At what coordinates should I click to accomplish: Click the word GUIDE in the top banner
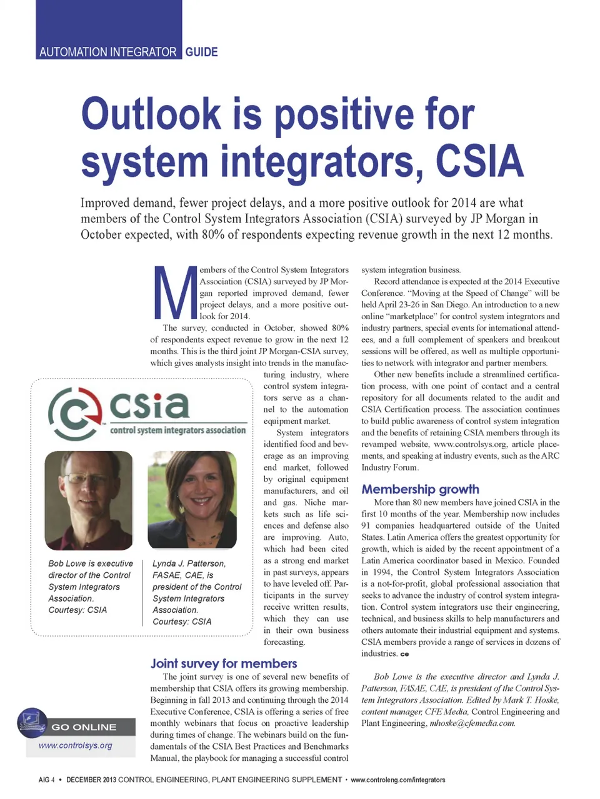[x=201, y=52]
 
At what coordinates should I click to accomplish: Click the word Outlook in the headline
[x=151, y=114]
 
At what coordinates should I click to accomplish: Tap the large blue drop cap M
[x=175, y=293]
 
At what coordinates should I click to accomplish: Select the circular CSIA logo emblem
[x=75, y=414]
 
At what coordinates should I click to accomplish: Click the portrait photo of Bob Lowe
[x=89, y=500]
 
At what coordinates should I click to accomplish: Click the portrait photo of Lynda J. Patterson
[x=192, y=500]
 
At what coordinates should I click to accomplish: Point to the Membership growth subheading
[x=420, y=489]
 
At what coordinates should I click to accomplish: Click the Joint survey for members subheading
[x=223, y=663]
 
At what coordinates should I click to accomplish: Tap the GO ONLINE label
[x=84, y=727]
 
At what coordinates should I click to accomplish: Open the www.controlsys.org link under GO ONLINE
[x=75, y=745]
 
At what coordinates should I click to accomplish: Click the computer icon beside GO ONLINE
[x=32, y=723]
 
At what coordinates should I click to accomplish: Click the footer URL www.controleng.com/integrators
[x=398, y=780]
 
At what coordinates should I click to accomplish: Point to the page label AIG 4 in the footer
[x=47, y=780]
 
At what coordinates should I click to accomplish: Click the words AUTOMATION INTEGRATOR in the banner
[x=107, y=52]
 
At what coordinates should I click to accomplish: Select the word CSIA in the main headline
[x=479, y=161]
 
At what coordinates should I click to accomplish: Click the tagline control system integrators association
[x=177, y=430]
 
